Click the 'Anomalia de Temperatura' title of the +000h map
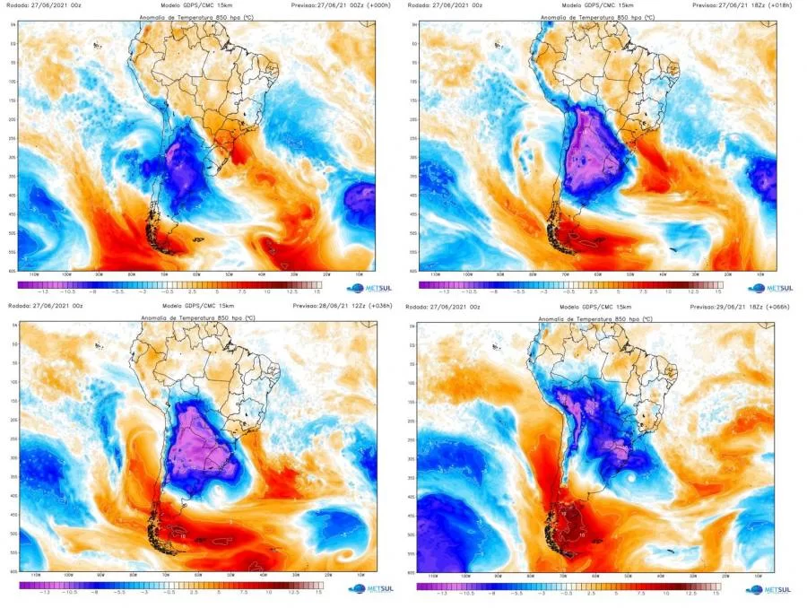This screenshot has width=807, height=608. pyautogui.click(x=190, y=17)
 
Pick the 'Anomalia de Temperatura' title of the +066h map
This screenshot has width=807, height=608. pyautogui.click(x=588, y=318)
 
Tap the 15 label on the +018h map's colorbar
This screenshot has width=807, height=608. pyautogui.click(x=717, y=291)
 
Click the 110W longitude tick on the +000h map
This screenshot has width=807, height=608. pyautogui.click(x=36, y=274)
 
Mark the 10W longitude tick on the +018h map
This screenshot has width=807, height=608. pyautogui.click(x=759, y=274)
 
